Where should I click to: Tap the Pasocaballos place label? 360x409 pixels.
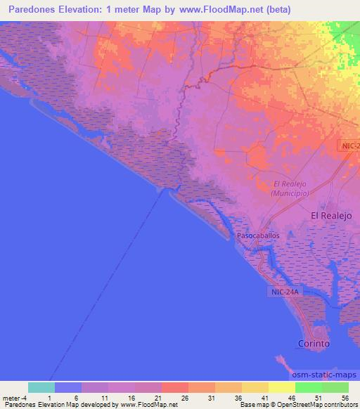pyautogui.click(x=258, y=236)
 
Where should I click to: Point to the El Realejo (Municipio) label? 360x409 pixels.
pyautogui.click(x=290, y=188)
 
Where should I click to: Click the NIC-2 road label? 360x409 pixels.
pyautogui.click(x=349, y=145)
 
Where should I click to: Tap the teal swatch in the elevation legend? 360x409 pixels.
pyautogui.click(x=41, y=387)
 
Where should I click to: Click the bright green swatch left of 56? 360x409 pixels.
pyautogui.click(x=308, y=387)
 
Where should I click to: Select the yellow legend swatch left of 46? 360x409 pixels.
pyautogui.click(x=281, y=387)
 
